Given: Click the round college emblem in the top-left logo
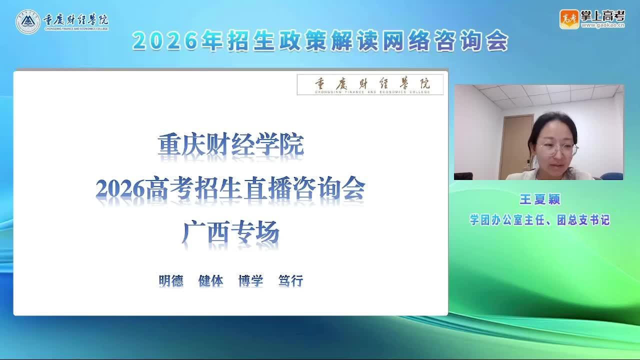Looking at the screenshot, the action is [27, 21].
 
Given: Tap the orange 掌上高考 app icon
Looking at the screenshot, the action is [569, 19].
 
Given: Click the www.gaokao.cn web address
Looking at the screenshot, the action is [603, 25].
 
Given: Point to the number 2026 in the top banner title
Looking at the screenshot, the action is [165, 41].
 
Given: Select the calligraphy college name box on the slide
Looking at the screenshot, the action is [370, 84].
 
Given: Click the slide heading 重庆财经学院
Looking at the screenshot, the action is [230, 144].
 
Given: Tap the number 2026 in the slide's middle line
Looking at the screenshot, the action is [120, 189].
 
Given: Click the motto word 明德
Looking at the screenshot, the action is [171, 280].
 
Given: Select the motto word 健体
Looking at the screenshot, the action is [211, 280].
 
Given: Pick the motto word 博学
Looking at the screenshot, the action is [251, 280].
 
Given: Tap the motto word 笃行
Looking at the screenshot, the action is [291, 280].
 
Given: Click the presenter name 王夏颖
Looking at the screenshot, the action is [540, 199].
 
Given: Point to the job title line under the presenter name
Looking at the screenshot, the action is [540, 220].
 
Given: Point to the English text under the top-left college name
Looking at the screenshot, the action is [76, 29].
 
